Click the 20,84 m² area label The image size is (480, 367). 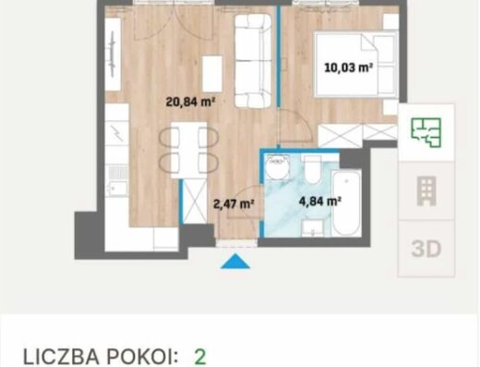tap(190, 102)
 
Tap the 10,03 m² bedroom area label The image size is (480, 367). tap(349, 67)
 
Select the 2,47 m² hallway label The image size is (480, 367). tap(234, 204)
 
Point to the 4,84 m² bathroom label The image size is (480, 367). tap(320, 202)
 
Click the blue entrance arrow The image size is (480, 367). tap(235, 262)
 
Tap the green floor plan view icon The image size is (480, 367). tap(426, 132)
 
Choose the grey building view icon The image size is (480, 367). tap(426, 191)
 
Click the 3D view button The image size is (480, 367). tap(426, 249)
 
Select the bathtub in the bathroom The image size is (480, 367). tap(347, 203)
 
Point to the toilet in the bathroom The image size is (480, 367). tap(313, 169)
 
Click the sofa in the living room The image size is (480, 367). tap(253, 61)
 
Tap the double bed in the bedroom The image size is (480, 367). tap(356, 65)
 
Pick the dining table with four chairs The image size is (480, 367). tap(188, 150)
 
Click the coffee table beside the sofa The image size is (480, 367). tap(212, 74)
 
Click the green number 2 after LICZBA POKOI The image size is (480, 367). tap(200, 358)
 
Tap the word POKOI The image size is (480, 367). tap(142, 358)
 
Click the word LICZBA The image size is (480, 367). tap(61, 358)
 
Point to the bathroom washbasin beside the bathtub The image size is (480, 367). tap(313, 228)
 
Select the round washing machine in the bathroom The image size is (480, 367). tap(278, 166)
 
